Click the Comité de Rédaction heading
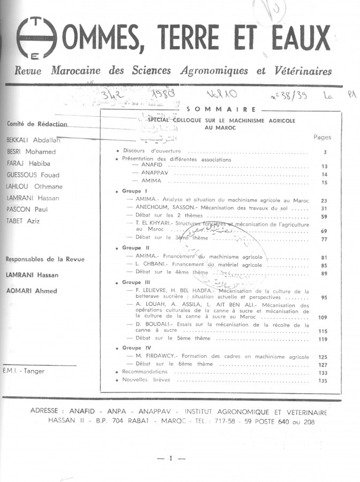pyautogui.click(x=37, y=124)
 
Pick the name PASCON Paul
pyautogui.click(x=27, y=209)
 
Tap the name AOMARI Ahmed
pyautogui.click(x=31, y=291)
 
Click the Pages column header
pyautogui.click(x=322, y=137)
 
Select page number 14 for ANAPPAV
pyautogui.click(x=324, y=175)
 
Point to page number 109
pyautogui.click(x=322, y=318)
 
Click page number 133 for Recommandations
pyautogui.click(x=322, y=373)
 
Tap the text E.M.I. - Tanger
pyautogui.click(x=24, y=371)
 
